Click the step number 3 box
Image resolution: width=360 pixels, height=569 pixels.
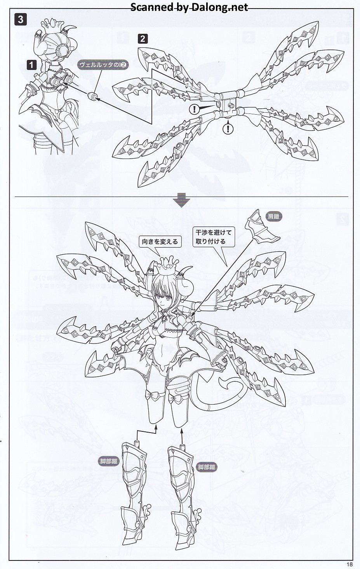tap(21, 19)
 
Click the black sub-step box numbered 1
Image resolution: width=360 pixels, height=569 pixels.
tap(31, 65)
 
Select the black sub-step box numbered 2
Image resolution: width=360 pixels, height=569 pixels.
tap(143, 39)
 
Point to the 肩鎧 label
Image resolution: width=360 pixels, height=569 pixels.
tap(273, 216)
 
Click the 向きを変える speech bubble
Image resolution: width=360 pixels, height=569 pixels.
tap(160, 241)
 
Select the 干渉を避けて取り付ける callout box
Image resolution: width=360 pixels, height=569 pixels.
tap(214, 237)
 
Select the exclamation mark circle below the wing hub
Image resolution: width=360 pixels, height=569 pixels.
tap(228, 129)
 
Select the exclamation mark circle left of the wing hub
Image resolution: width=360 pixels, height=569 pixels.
tap(194, 109)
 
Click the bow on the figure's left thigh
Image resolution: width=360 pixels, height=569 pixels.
tap(151, 394)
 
